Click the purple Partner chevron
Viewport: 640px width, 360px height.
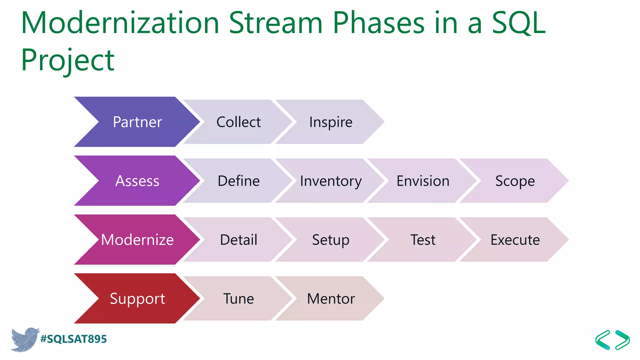tap(137, 122)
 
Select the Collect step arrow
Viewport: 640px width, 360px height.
tap(238, 122)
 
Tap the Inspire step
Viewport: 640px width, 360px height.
tap(331, 122)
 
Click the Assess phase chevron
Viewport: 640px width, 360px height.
tap(137, 181)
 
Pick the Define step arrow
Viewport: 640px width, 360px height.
tap(238, 181)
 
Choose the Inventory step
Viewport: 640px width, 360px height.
tap(331, 181)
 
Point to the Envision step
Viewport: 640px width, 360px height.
tap(423, 181)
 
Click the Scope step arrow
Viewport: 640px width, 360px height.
tap(515, 181)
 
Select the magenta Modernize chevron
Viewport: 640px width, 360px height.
tap(137, 240)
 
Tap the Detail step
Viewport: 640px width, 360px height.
tap(238, 240)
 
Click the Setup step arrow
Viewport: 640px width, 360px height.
tap(331, 240)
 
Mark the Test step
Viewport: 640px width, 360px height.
tap(423, 240)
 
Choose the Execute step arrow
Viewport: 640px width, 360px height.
tap(515, 240)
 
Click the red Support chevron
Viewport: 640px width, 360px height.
tap(137, 298)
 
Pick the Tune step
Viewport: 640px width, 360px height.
tap(238, 298)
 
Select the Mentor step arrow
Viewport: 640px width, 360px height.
tap(331, 298)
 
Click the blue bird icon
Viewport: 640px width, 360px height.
tap(24, 339)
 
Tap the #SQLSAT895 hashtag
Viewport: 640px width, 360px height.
tap(74, 339)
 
